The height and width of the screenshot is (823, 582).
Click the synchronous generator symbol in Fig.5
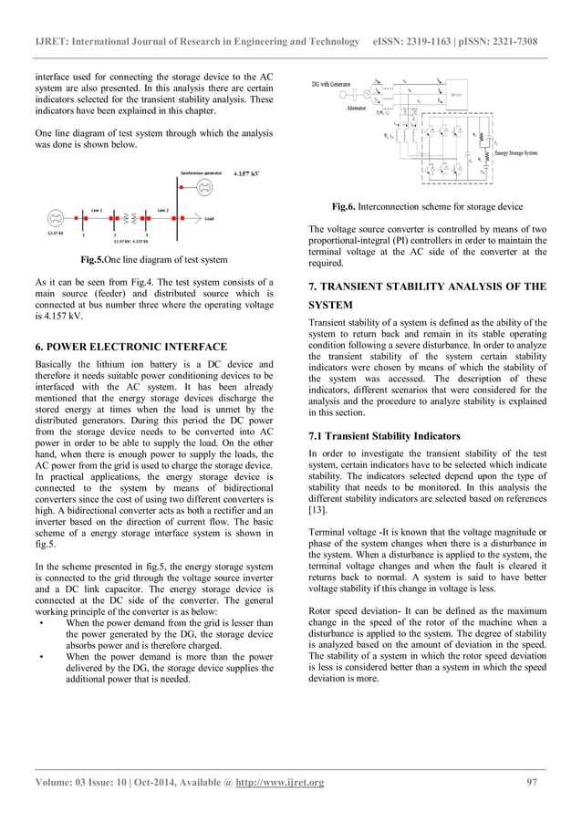click(205, 188)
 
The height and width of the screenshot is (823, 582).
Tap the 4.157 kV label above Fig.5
click(247, 172)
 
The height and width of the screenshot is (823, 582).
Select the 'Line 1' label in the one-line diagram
click(94, 209)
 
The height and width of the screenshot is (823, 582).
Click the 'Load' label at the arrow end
click(210, 219)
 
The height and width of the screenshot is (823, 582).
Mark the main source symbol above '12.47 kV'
click(56, 219)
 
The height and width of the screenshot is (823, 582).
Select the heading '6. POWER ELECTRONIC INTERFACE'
click(125, 347)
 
